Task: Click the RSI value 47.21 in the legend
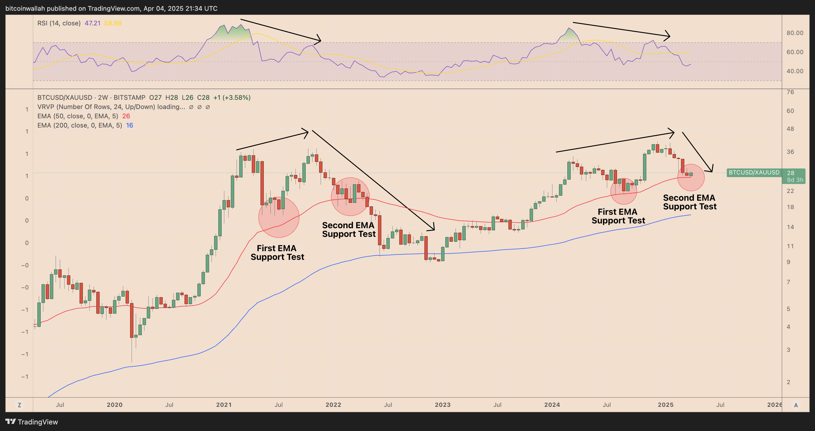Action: [x=92, y=23]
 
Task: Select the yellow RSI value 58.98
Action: [x=113, y=23]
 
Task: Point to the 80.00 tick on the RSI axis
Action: [x=794, y=33]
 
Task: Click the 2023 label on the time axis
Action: [x=442, y=405]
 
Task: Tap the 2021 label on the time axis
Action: [x=224, y=405]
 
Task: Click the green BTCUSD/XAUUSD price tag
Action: [x=754, y=173]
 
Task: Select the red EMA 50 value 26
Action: [x=126, y=116]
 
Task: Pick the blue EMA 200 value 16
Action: [x=130, y=125]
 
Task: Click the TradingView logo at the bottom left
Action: [x=32, y=422]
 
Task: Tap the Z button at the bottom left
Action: [x=19, y=405]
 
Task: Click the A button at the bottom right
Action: [x=796, y=405]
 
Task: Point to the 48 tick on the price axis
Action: [x=790, y=129]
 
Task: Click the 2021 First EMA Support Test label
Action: [x=277, y=252]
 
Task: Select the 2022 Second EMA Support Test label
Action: [x=349, y=230]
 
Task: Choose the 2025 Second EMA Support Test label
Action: [x=689, y=202]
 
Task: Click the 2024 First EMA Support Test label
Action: [x=618, y=216]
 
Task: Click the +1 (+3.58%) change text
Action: [x=231, y=98]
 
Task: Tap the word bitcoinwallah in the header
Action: [x=25, y=9]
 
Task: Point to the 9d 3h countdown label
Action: [x=795, y=180]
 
